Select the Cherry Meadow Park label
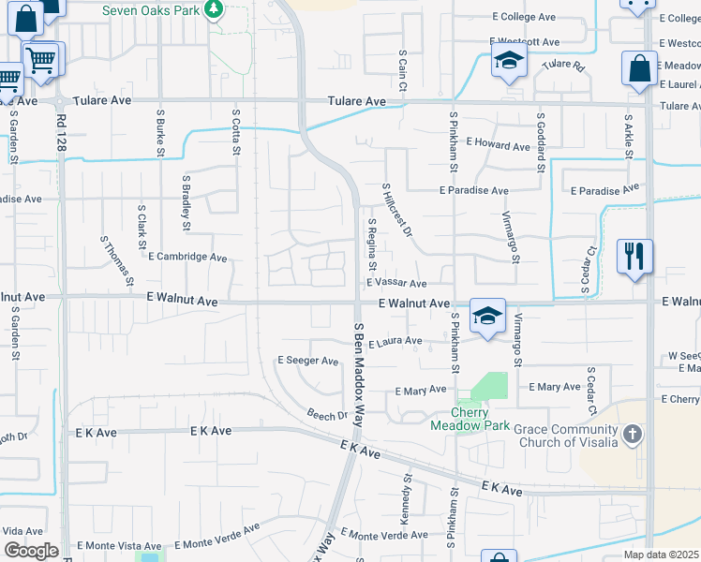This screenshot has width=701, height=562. (470, 419)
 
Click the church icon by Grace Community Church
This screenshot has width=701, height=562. (634, 434)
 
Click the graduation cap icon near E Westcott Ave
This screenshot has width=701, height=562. (509, 61)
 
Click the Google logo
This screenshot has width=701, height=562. (31, 550)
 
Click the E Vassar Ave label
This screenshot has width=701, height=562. (396, 283)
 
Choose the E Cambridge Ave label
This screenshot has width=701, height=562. (187, 257)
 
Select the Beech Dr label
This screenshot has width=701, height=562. (327, 414)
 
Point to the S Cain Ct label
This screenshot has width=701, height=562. (401, 70)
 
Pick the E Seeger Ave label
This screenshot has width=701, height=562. (308, 361)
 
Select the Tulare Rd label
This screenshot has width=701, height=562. (562, 66)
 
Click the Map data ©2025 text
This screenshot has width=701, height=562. (662, 555)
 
